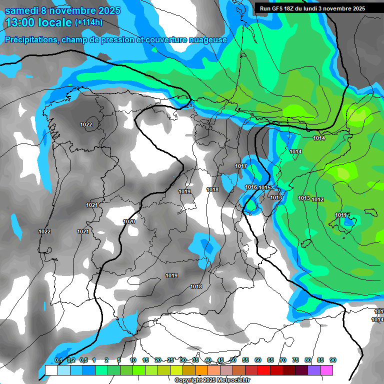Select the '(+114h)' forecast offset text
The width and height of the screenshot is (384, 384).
(x=88, y=22)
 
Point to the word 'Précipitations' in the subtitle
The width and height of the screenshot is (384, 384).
(x=30, y=40)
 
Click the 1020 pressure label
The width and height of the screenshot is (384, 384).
(x=129, y=221)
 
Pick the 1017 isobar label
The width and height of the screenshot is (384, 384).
(x=241, y=166)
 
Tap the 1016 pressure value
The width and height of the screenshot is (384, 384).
(x=251, y=187)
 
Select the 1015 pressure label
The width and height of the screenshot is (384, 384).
(x=264, y=187)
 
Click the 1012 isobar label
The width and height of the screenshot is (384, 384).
(x=317, y=199)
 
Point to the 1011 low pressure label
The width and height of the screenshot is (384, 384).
(x=340, y=215)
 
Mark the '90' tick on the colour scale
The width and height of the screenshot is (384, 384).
(x=333, y=360)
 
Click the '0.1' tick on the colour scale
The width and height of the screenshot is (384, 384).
(x=58, y=360)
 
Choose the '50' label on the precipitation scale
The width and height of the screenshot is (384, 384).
(x=233, y=360)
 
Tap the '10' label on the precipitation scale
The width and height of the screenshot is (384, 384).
(x=133, y=360)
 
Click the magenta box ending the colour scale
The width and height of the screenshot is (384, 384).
(x=326, y=370)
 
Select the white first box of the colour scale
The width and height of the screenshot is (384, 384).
(x=51, y=370)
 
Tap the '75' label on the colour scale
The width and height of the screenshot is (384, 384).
(x=295, y=360)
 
